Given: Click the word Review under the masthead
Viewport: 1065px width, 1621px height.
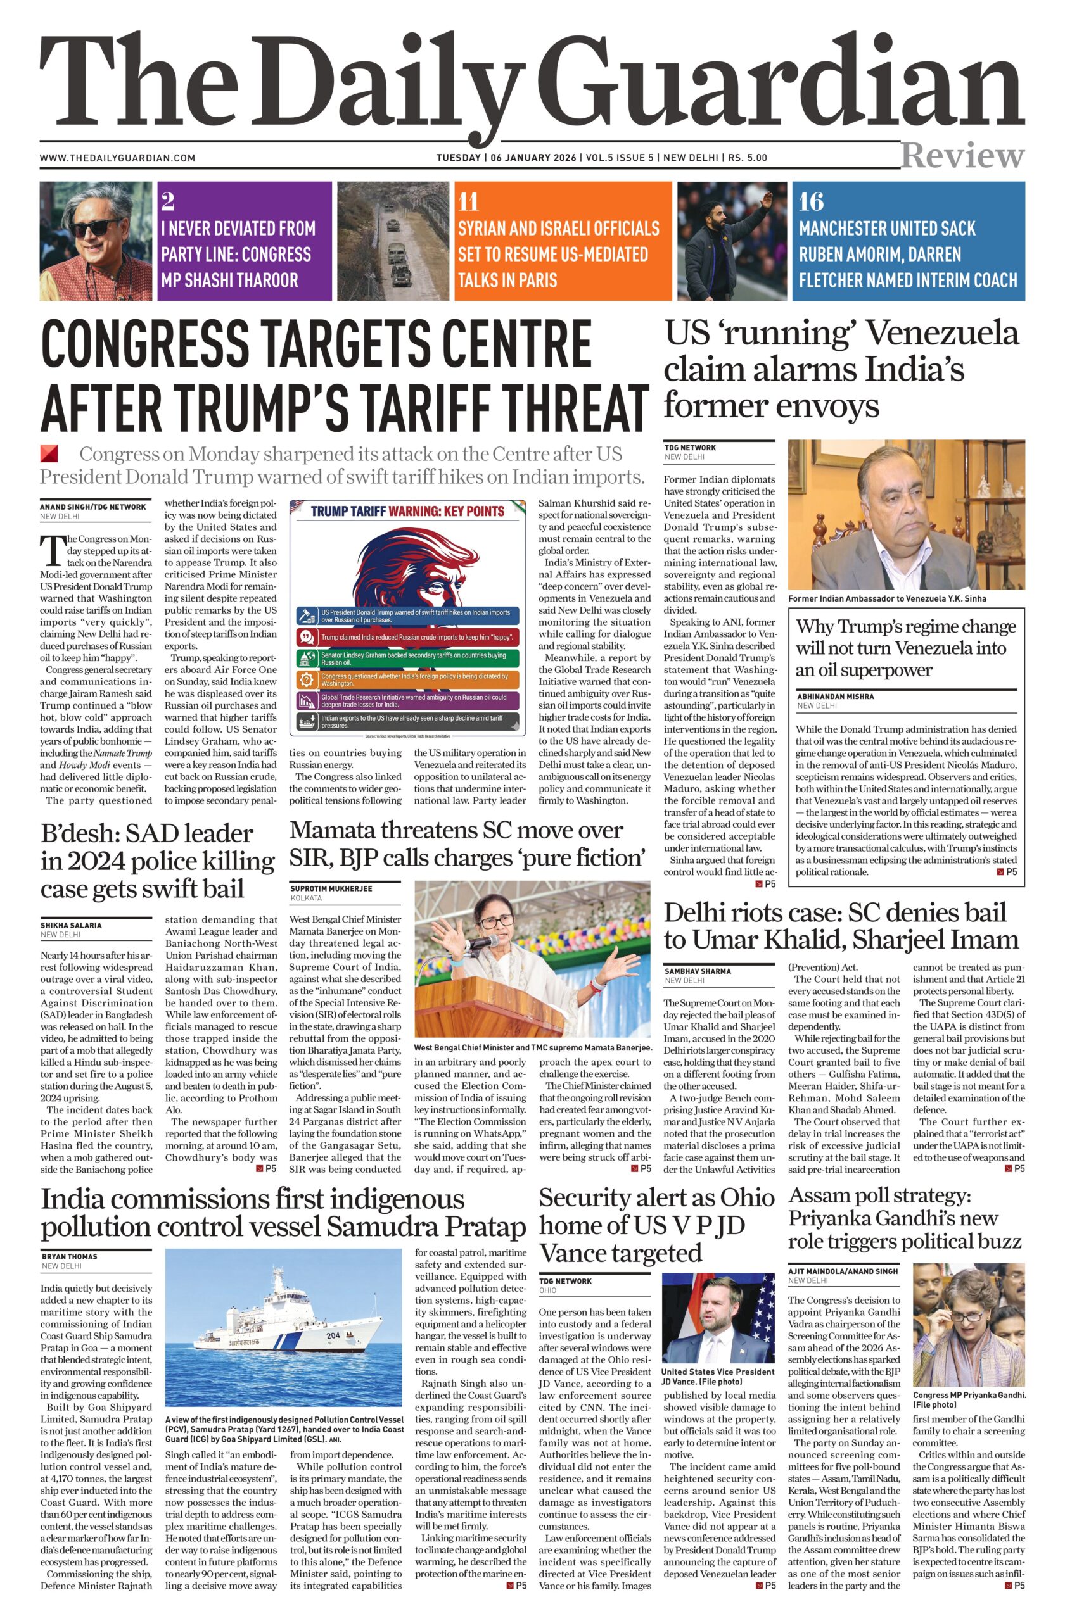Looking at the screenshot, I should (x=962, y=156).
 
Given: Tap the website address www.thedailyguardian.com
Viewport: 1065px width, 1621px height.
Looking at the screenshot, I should (x=117, y=158).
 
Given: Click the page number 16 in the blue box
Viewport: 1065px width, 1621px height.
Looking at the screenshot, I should (x=812, y=201).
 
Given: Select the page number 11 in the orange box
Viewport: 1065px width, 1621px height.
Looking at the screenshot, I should (x=468, y=201).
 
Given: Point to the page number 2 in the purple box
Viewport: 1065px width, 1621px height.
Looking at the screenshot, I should (x=169, y=201).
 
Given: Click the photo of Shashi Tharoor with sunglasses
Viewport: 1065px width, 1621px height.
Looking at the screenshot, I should (x=96, y=241).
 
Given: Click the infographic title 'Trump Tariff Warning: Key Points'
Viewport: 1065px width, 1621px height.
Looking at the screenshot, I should (x=407, y=512).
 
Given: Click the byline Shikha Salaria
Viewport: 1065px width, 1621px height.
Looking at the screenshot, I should (x=71, y=925).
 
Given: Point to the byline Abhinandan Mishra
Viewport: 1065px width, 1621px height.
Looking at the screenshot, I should (x=834, y=696).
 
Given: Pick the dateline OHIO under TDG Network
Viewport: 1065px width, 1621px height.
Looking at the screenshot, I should (x=547, y=1290).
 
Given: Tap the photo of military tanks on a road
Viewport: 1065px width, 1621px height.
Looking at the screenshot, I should (x=392, y=241).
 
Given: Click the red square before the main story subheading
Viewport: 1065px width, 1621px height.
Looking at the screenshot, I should (x=49, y=453).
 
